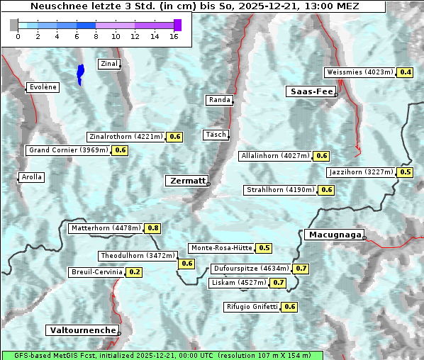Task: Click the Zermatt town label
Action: click(x=187, y=181)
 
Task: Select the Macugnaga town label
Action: click(x=333, y=235)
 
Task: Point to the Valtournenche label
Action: click(x=82, y=330)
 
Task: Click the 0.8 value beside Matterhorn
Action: click(x=152, y=228)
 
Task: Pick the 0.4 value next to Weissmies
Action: click(x=406, y=72)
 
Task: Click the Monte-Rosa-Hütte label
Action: click(x=221, y=248)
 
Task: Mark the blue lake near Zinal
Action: click(x=80, y=73)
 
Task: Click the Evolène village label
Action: click(x=43, y=87)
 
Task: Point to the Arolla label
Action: click(x=32, y=177)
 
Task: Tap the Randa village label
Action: click(x=219, y=100)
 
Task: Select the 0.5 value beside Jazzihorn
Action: click(x=406, y=172)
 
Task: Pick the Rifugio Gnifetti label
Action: click(x=252, y=307)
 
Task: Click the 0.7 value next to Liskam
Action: click(x=279, y=283)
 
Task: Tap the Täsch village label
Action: click(x=216, y=135)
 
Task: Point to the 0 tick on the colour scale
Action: click(x=18, y=36)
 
